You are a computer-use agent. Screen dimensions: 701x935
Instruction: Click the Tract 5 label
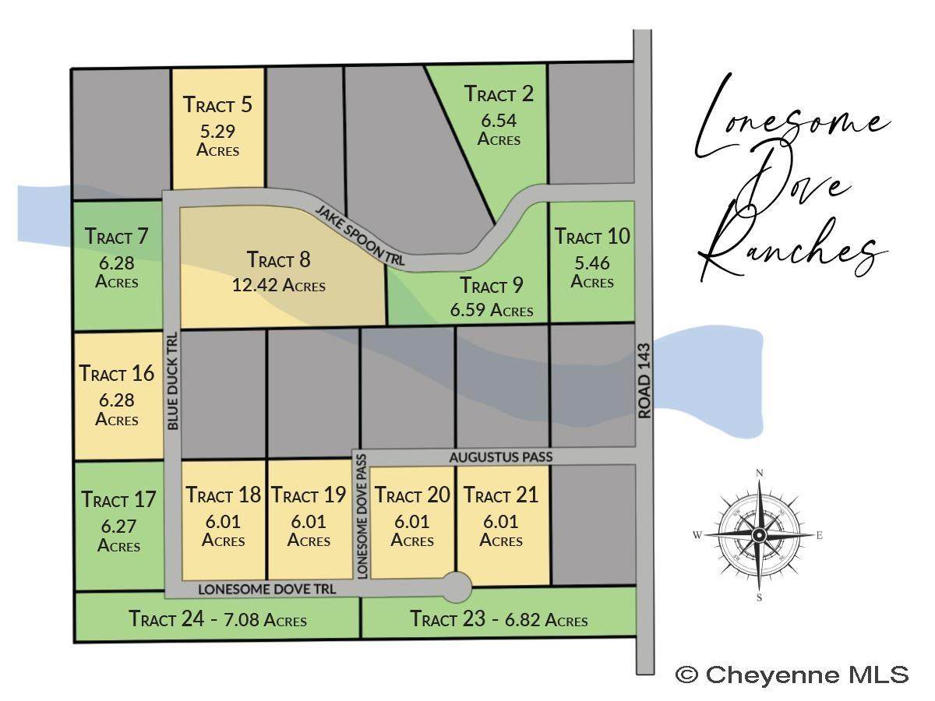coord(218,104)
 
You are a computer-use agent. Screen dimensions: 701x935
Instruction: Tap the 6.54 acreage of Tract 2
coord(499,121)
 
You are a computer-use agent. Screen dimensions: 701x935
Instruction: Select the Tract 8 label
coord(279,259)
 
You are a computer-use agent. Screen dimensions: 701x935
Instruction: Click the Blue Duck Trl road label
coord(172,381)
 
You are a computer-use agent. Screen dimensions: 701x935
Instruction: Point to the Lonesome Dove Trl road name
coord(267,590)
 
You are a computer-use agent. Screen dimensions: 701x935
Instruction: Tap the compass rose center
coord(759,534)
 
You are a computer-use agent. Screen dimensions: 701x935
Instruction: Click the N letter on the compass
coord(760,473)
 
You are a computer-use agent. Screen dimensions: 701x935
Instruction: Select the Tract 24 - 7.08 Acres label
coord(217,620)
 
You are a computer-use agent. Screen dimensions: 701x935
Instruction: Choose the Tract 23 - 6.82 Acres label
coord(499,620)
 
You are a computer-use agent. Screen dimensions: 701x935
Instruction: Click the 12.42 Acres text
coord(279,285)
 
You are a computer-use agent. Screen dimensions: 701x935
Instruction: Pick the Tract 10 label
coord(592,236)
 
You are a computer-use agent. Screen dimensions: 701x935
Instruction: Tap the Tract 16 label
coord(117,373)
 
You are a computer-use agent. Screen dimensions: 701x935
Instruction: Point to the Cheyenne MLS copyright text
coord(792,675)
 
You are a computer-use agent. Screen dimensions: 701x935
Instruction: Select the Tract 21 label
coord(501,495)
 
